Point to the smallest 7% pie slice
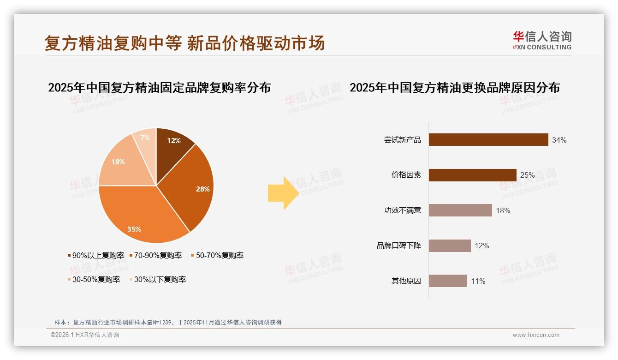coord(145,138)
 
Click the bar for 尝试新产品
coord(488,140)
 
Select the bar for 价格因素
coord(472,175)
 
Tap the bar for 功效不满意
coord(460,210)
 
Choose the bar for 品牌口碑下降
coord(450,246)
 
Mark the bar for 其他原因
coord(448,281)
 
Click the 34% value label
coord(559,140)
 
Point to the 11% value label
coord(478,281)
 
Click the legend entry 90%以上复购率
coord(96,255)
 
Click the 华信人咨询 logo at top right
coord(542,40)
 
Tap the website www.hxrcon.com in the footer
coord(535,335)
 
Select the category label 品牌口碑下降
coord(398,246)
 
